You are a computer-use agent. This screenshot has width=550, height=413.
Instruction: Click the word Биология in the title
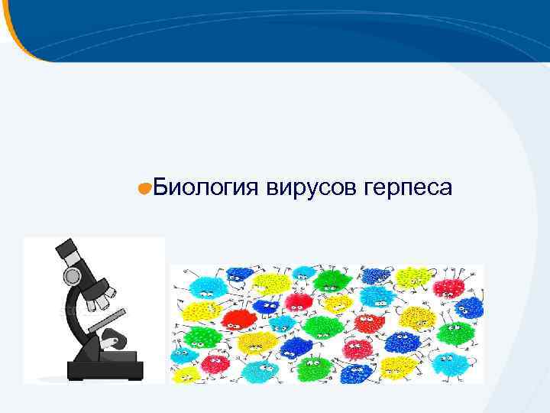pos(206,187)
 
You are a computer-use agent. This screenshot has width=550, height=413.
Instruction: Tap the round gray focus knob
pos(72,275)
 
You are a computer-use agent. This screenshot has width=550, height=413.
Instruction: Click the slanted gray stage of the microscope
pos(107,320)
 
